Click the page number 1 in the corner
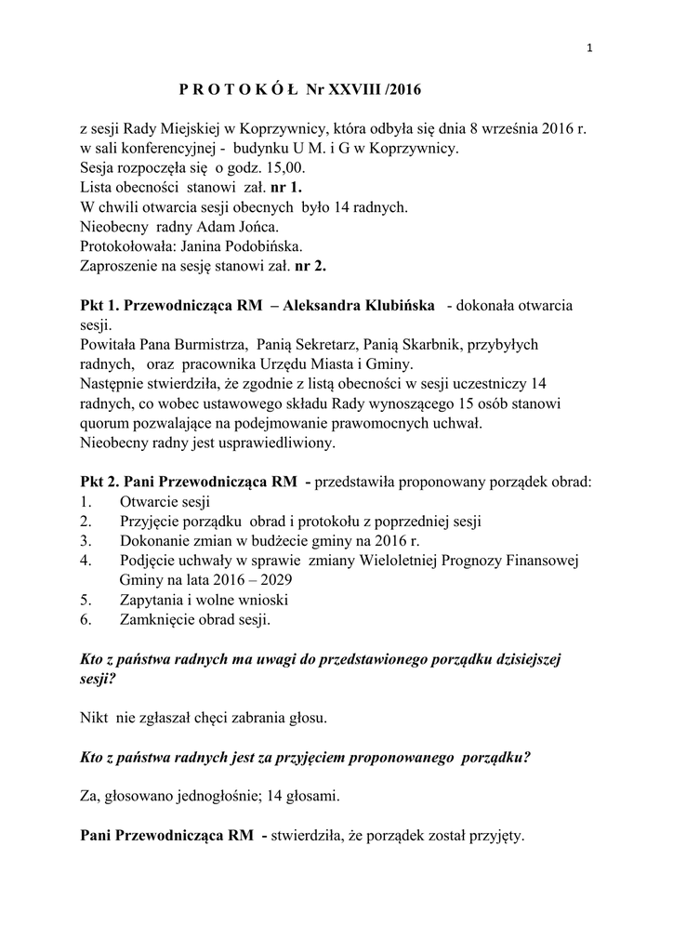590,50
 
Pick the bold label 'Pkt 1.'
99,306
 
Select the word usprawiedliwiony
271,443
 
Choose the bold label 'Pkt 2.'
99,483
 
